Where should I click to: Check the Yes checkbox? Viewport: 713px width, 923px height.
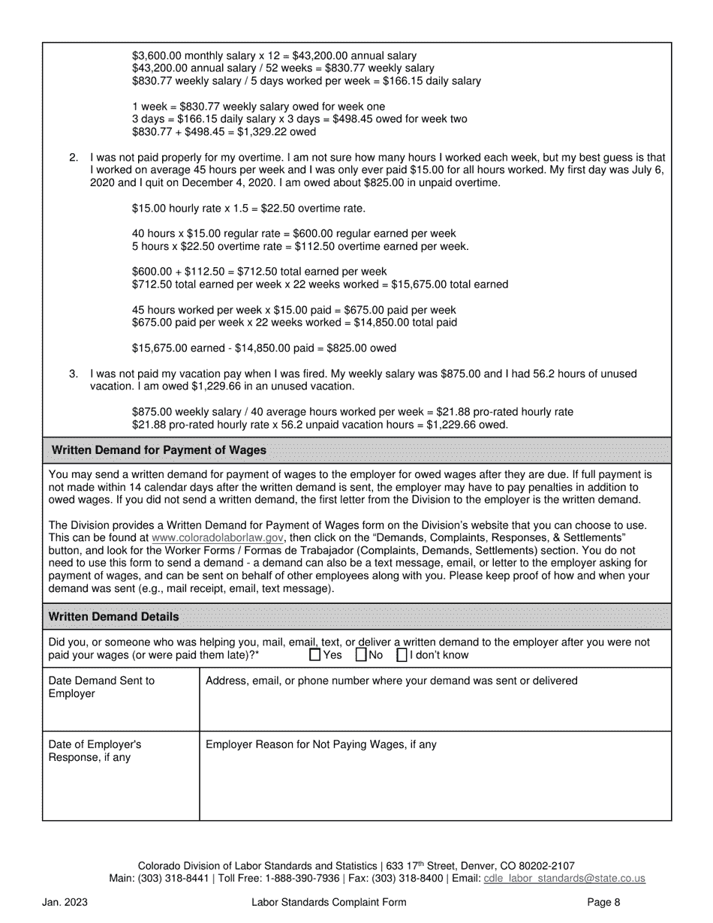coord(315,654)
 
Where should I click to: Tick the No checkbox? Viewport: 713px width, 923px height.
coord(361,654)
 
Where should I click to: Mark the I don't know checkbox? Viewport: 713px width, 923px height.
coord(402,654)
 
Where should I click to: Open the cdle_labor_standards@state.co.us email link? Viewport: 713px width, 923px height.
coord(564,878)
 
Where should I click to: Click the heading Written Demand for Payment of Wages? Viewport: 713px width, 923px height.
coord(158,450)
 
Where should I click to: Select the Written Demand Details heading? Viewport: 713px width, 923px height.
coord(114,616)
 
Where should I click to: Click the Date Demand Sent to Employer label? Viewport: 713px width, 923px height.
coord(101,687)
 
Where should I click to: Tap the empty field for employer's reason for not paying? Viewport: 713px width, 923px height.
coord(435,784)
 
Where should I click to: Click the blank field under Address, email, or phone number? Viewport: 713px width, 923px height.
coord(435,709)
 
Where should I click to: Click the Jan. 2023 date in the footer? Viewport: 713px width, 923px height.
coord(65,903)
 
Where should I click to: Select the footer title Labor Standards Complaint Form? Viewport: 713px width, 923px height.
coord(329,903)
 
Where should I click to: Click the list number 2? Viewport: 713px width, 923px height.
coord(74,158)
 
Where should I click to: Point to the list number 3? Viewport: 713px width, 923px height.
coord(74,373)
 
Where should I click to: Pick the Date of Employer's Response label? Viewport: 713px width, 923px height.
coord(95,750)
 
